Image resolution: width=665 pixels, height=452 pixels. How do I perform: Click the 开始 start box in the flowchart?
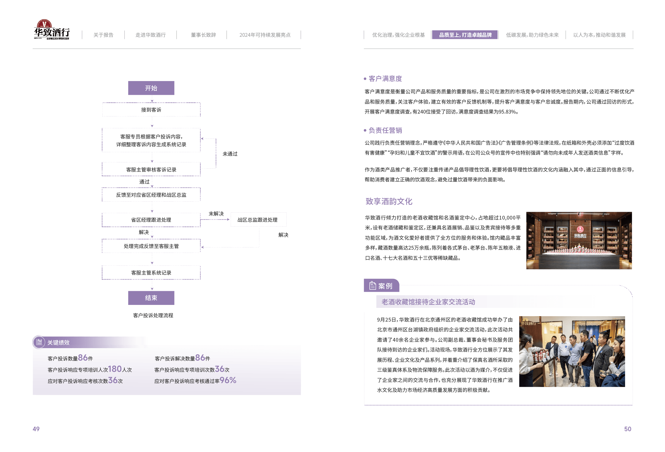[x=151, y=88]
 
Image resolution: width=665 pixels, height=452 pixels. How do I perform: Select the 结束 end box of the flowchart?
[x=151, y=298]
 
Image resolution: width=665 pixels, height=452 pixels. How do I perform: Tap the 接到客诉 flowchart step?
[x=151, y=110]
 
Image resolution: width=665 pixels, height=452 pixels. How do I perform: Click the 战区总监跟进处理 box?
[x=258, y=220]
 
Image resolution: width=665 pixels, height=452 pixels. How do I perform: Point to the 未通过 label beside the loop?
[x=230, y=154]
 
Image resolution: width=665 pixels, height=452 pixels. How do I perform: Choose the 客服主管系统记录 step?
[x=151, y=273]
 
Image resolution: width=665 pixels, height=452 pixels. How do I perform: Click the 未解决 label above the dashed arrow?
[x=216, y=214]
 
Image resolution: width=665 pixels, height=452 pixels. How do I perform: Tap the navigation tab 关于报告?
[x=103, y=35]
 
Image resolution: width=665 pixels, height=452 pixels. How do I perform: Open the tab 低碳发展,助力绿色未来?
[x=532, y=35]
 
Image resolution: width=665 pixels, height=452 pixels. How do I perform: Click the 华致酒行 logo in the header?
[x=51, y=30]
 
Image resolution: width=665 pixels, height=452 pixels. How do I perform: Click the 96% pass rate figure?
[x=228, y=380]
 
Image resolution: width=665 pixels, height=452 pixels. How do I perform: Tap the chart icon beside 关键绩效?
[x=39, y=342]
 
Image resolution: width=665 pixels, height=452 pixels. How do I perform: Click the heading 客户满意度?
[x=385, y=79]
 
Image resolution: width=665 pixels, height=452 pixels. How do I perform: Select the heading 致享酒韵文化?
[x=389, y=202]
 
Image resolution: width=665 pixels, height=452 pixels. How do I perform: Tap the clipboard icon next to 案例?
[x=372, y=286]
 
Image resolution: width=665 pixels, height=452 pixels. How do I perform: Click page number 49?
[x=36, y=429]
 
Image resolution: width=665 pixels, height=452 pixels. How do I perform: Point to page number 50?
[x=627, y=429]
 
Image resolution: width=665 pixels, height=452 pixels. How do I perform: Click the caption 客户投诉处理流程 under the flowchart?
[x=153, y=315]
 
